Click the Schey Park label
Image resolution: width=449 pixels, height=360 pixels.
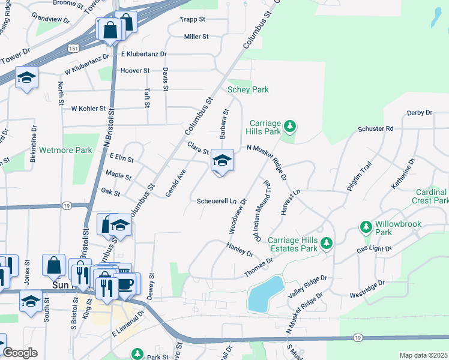click(x=248, y=90)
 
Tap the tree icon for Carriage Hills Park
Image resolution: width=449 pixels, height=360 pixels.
click(x=291, y=125)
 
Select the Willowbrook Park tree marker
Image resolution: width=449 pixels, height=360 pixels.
click(x=366, y=227)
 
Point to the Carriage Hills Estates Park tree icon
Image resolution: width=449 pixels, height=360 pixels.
click(x=326, y=243)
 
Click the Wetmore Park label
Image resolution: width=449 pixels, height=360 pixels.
click(x=65, y=151)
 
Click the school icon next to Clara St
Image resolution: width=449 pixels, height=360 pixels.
click(x=221, y=161)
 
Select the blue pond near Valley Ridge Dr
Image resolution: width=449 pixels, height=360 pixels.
click(x=265, y=293)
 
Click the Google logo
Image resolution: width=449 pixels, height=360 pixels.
click(x=19, y=353)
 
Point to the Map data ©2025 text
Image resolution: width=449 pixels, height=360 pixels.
click(x=423, y=355)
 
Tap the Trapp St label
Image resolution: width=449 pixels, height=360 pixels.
click(x=193, y=20)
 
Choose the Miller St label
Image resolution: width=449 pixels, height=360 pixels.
click(x=196, y=37)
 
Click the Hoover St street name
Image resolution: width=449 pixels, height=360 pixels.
click(x=135, y=71)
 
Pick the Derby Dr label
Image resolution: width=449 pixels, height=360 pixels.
click(x=420, y=113)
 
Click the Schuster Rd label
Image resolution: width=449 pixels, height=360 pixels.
click(x=375, y=128)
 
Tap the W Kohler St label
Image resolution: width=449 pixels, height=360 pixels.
click(x=88, y=109)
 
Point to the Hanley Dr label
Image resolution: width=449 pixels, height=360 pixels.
click(x=240, y=249)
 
